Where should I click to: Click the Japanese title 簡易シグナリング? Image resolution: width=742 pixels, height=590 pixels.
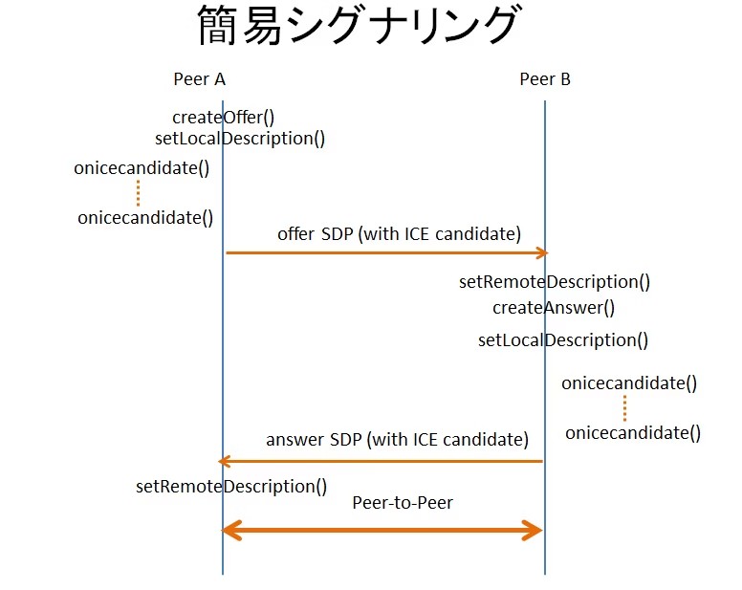click(x=358, y=28)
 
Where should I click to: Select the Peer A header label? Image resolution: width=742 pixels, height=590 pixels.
click(x=199, y=79)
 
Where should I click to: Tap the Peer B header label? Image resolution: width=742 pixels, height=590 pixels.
click(x=545, y=79)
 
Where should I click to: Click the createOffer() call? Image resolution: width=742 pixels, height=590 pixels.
click(x=223, y=118)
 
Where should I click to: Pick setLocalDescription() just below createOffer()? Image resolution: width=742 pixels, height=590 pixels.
click(x=240, y=139)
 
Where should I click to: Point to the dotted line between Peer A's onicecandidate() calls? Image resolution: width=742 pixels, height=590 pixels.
click(x=138, y=193)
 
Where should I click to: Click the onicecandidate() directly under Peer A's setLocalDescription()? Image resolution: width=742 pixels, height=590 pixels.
click(x=142, y=168)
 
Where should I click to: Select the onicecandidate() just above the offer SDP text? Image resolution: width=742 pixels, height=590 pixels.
click(x=145, y=217)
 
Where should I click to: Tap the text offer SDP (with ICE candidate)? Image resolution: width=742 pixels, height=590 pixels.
click(x=399, y=233)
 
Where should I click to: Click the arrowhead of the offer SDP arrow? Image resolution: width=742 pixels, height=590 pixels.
click(x=542, y=253)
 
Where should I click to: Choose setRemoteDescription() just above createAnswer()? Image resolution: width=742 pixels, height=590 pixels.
click(x=555, y=282)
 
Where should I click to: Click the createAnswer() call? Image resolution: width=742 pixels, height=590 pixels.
click(x=553, y=308)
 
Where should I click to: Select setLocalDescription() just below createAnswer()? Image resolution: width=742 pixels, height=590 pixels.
click(x=563, y=340)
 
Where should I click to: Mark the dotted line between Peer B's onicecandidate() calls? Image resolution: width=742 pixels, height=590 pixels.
click(x=624, y=408)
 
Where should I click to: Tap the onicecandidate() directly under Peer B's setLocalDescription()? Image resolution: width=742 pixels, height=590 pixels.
click(x=629, y=383)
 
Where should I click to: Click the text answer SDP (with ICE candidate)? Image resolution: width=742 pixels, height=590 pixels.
click(x=397, y=440)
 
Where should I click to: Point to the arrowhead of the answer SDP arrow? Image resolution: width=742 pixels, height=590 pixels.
click(x=225, y=461)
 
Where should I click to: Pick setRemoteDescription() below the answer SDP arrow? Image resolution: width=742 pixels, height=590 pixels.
click(x=231, y=486)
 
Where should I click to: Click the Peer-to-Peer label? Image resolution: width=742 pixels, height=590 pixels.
click(x=402, y=502)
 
